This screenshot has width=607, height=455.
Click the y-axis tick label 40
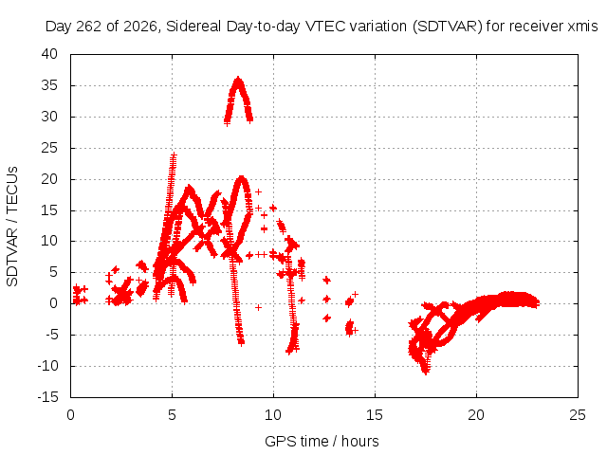pos(49,54)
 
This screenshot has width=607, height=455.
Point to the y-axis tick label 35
pos(49,85)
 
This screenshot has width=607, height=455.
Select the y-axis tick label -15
pos(48,397)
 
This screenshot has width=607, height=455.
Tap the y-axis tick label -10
pos(48,366)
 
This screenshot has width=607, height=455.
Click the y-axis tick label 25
pos(49,148)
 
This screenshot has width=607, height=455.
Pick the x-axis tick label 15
pos(375,415)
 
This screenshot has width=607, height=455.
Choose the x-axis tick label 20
pos(476,415)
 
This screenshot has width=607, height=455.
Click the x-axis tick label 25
pos(578,415)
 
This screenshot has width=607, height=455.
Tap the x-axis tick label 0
pos(70,415)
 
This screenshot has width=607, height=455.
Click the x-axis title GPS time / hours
pos(322,442)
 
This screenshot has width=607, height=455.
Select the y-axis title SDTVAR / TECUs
pos(12,227)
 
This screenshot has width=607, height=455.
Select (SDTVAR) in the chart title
pos(447,27)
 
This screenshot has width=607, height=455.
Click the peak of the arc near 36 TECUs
pos(238,79)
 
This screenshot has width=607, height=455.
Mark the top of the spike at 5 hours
pos(174,155)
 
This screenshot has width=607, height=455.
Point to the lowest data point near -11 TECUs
pos(426,373)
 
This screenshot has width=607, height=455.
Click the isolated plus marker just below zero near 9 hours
pos(258,307)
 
